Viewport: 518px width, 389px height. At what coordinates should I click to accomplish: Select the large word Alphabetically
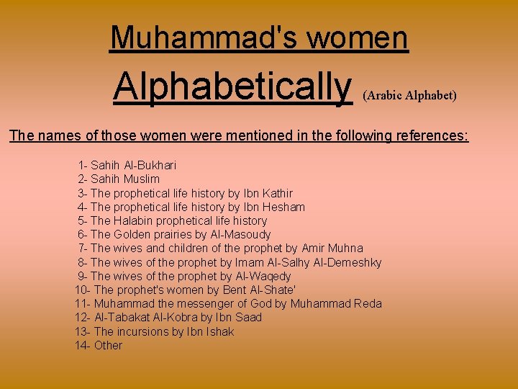pyautogui.click(x=232, y=87)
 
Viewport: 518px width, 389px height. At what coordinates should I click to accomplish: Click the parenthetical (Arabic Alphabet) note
pyautogui.click(x=410, y=95)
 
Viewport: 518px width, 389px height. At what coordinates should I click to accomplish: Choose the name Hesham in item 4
pyautogui.click(x=286, y=207)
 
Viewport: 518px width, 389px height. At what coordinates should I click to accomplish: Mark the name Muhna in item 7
pyautogui.click(x=347, y=249)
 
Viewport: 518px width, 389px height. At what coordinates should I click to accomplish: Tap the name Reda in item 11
pyautogui.click(x=368, y=303)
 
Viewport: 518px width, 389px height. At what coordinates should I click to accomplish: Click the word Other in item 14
pyautogui.click(x=108, y=345)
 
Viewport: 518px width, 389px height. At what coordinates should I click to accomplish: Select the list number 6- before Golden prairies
pyautogui.click(x=82, y=234)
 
